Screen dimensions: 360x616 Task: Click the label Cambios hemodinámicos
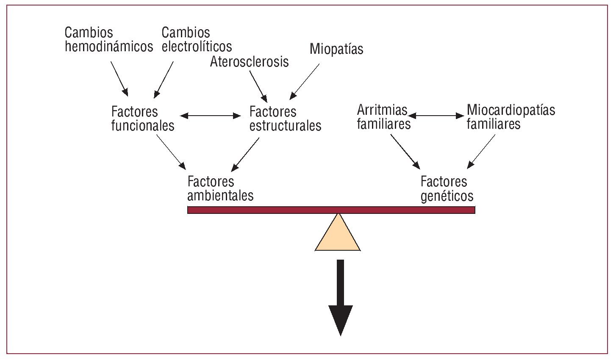pos(108,39)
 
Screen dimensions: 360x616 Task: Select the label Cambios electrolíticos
pos(197,39)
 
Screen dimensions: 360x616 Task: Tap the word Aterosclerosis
pos(249,62)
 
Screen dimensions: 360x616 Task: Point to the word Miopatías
pos(336,49)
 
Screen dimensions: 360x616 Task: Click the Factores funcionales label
pos(142,119)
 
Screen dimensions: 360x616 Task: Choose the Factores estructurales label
pos(285,119)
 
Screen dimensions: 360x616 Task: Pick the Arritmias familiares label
pos(383,117)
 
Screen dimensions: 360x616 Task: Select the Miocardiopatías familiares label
pos(511,117)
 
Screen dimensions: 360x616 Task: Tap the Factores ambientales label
pos(220,188)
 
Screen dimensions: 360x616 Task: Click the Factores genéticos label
pos(447,189)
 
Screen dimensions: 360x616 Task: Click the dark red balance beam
pos(331,210)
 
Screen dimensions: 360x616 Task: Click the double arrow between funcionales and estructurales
pos(211,115)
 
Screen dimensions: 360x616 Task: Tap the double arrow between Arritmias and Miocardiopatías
pos(436,115)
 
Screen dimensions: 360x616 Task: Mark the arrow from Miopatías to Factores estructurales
pos(305,81)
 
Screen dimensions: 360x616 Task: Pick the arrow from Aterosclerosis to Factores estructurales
pos(258,86)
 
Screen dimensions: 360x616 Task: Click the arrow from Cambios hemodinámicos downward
pos(119,78)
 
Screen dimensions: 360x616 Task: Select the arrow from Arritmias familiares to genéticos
pos(405,151)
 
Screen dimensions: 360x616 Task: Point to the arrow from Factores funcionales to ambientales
pos(171,151)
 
